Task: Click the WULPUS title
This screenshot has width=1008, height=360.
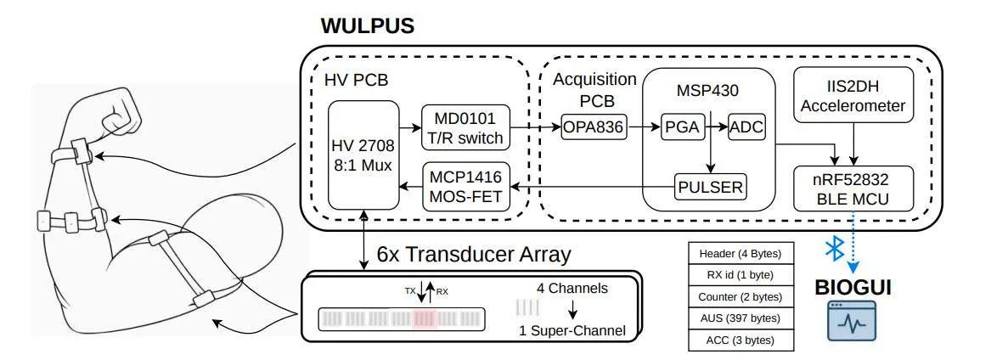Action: click(367, 26)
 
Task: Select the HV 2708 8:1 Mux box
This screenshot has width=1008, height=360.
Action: click(363, 155)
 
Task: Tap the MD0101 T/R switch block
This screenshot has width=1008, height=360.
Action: click(465, 127)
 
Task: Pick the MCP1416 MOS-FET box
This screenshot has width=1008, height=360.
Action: click(465, 187)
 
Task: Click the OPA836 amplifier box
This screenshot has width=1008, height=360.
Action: click(594, 127)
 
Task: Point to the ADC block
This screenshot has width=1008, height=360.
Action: click(747, 127)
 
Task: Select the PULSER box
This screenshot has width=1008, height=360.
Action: click(711, 187)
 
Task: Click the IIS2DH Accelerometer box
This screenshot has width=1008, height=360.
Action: click(853, 94)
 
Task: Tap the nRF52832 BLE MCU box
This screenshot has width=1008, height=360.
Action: click(853, 188)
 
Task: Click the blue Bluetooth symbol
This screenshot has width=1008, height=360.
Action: click(834, 249)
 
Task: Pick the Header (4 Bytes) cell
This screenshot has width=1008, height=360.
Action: click(741, 253)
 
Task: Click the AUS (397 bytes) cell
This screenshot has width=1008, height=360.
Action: click(741, 318)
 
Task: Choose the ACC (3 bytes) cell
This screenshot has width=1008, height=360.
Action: click(741, 340)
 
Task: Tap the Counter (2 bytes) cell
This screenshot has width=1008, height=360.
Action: click(741, 297)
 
